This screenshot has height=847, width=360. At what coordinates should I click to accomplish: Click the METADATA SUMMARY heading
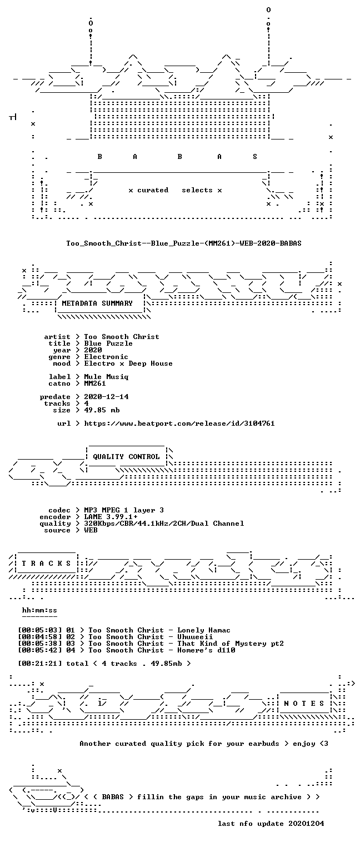tap(97, 303)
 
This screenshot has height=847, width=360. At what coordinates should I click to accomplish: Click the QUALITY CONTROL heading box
tap(126, 456)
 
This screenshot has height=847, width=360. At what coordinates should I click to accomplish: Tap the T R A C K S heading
tap(47, 564)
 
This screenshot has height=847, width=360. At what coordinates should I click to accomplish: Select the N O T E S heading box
tap(304, 703)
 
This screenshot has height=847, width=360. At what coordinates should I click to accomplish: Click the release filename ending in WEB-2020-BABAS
tap(184, 243)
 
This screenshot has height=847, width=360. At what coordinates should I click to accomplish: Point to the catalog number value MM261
tap(95, 383)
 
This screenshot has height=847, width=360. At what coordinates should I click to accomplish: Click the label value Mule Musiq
tap(106, 377)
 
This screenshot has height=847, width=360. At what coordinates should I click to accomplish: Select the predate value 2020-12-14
tap(106, 397)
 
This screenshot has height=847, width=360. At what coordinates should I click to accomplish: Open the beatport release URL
tap(179, 423)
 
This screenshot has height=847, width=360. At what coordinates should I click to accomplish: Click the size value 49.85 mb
tap(102, 410)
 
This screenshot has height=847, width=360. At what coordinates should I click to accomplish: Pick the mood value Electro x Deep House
tap(128, 364)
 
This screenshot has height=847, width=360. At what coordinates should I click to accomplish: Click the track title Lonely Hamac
tap(204, 630)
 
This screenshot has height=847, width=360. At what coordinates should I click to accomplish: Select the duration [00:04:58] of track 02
tap(39, 637)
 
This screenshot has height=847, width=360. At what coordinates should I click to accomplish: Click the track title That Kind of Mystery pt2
tap(231, 644)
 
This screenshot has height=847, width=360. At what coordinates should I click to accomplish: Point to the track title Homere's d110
tap(206, 650)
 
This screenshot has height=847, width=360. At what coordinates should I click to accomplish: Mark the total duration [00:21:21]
tap(39, 664)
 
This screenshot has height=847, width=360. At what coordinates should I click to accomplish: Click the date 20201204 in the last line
tap(306, 824)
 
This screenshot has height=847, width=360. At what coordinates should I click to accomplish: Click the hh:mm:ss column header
tap(39, 610)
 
